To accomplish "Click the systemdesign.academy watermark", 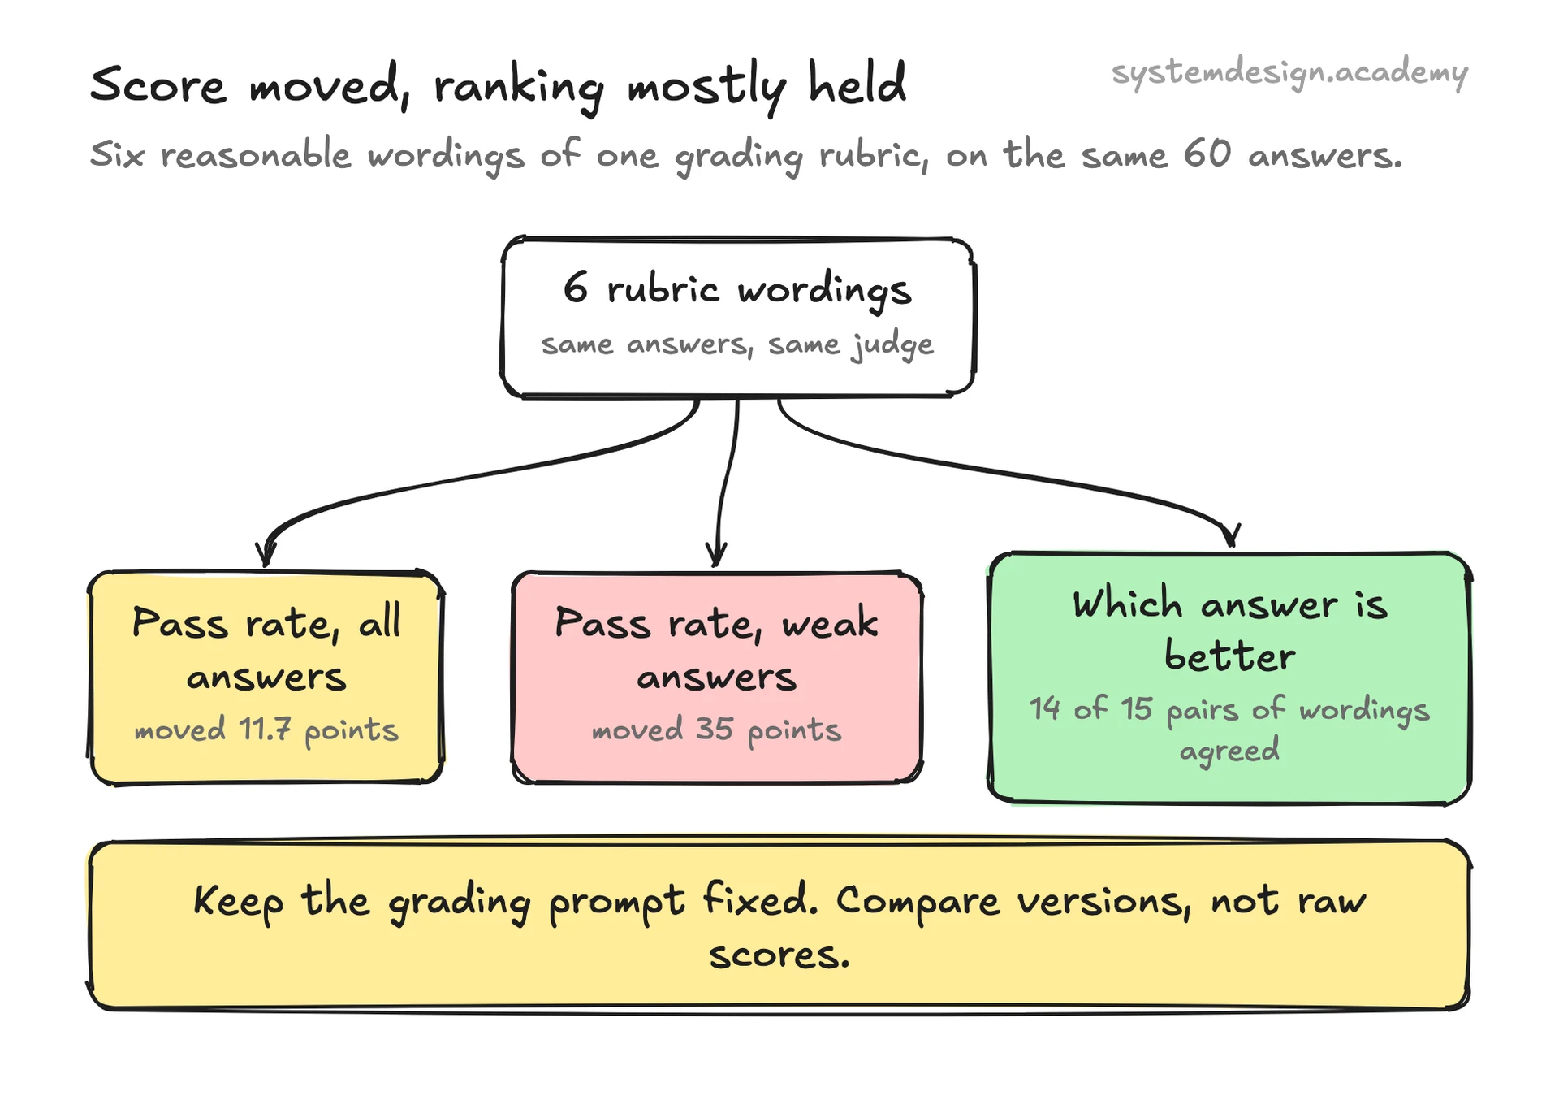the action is pos(1289,74).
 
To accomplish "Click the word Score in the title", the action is pos(158,84).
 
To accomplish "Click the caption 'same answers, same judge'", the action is pos(737,345).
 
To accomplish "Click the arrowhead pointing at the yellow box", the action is pos(266,553).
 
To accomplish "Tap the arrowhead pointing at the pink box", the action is pos(716,553).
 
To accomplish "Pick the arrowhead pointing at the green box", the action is pos(1231,535).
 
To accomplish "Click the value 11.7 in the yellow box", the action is pos(264,729).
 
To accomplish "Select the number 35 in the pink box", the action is pos(715,729).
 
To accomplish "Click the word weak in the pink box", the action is pos(830,622).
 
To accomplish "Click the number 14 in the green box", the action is pos(1045,708).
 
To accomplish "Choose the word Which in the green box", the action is pos(1127,603).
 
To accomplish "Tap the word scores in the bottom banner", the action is pos(779,955).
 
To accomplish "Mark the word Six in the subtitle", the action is pos(118,154).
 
